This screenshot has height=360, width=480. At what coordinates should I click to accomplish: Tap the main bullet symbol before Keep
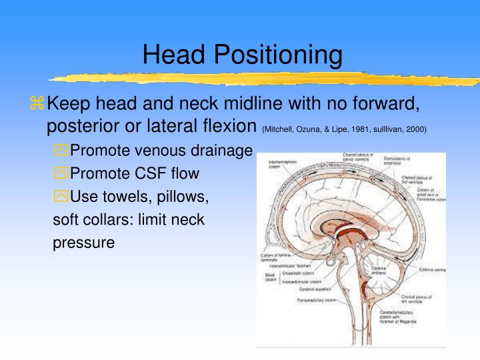(37, 103)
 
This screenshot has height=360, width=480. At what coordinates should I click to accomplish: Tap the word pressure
(83, 243)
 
